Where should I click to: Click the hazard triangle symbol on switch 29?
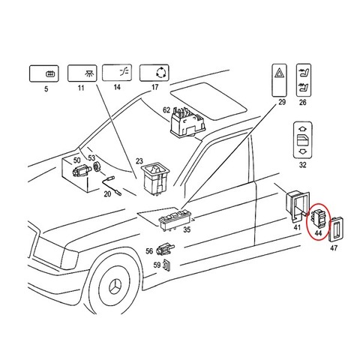(x=279, y=73)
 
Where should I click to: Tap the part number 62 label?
(x=166, y=110)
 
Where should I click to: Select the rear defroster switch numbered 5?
(x=44, y=73)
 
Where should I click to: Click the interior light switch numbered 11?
(x=82, y=73)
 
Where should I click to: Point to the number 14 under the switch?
(x=117, y=87)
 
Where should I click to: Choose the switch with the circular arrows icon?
(x=154, y=73)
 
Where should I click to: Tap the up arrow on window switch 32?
(x=302, y=129)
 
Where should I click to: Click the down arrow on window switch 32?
(x=302, y=151)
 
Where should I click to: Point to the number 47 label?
(x=334, y=248)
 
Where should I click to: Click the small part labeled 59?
(x=166, y=265)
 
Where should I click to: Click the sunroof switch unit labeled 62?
(x=187, y=122)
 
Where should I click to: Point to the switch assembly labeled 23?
(x=155, y=178)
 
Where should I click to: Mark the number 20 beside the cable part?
(x=107, y=193)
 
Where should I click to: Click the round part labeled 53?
(x=96, y=166)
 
